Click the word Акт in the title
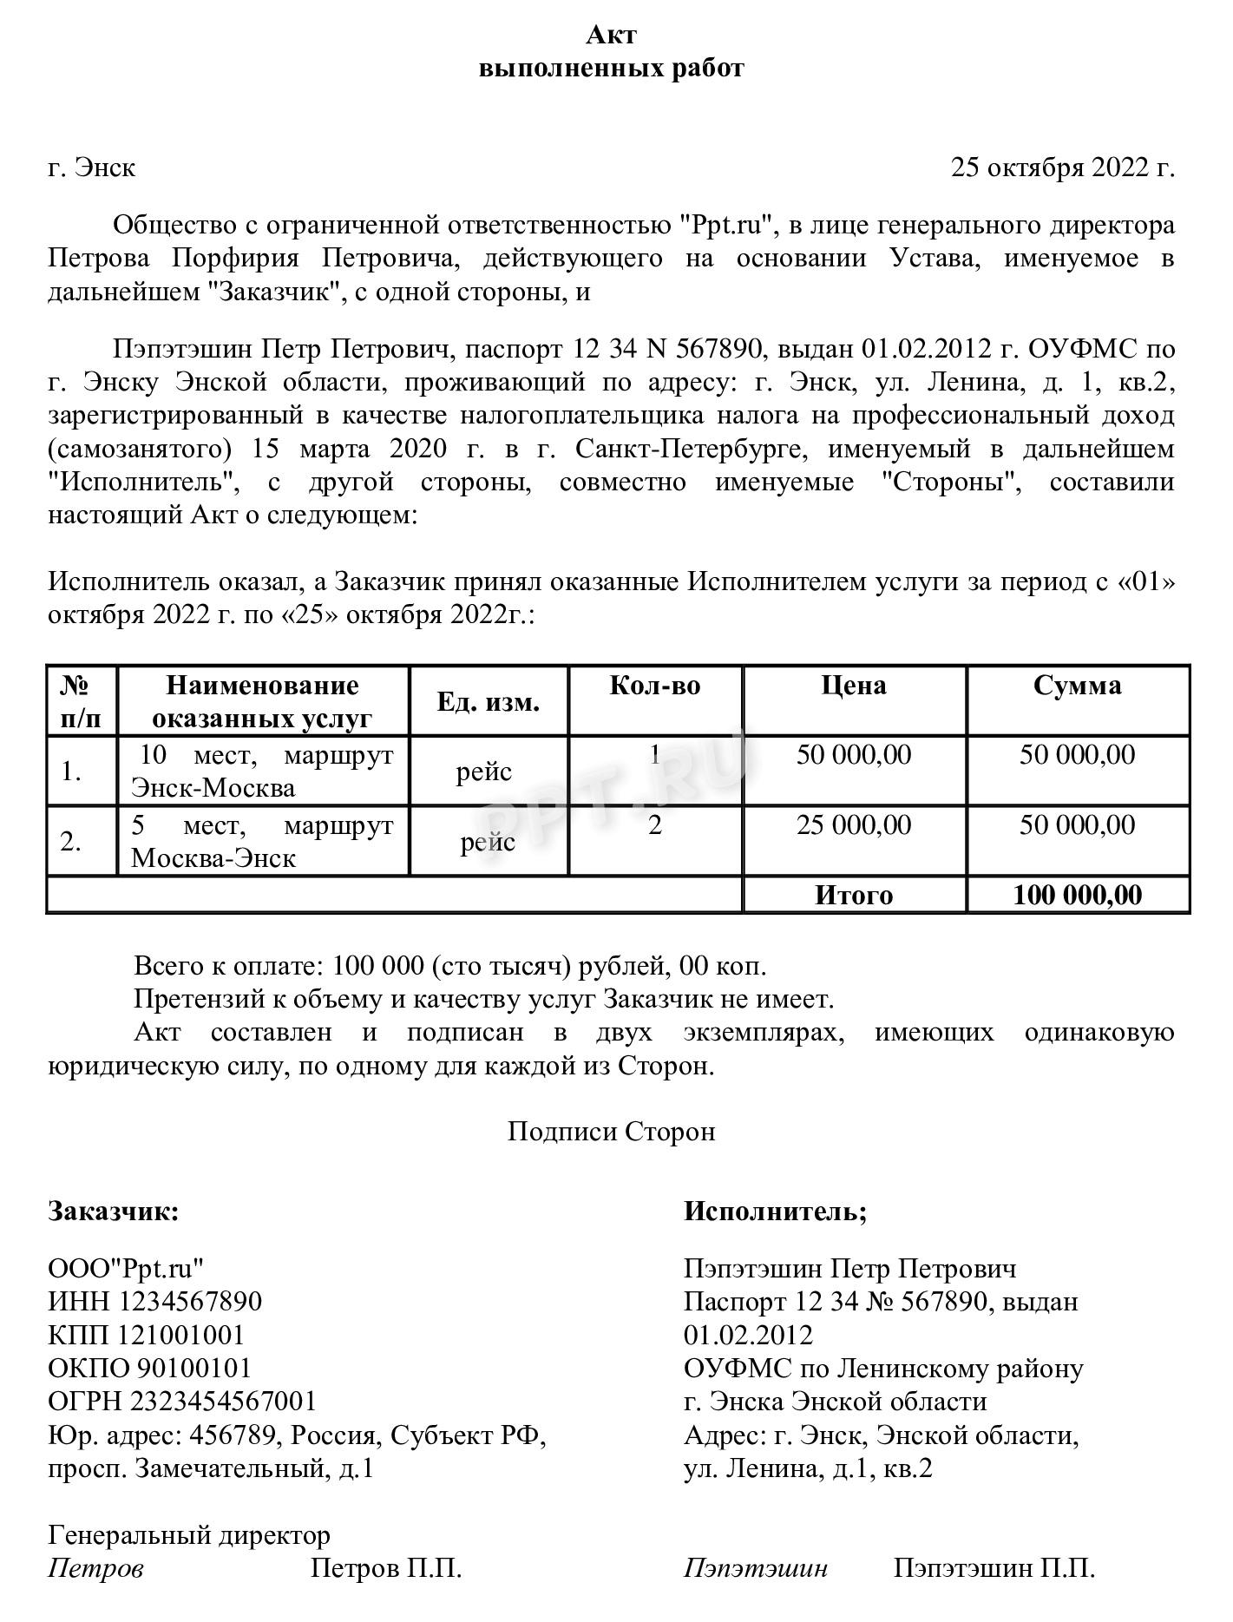(x=611, y=35)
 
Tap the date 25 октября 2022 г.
(x=1062, y=167)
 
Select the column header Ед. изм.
(x=488, y=702)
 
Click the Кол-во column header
(x=654, y=686)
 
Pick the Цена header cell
(x=854, y=686)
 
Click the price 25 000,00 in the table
(x=854, y=824)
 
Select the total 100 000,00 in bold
(x=1077, y=895)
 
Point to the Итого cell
(x=854, y=895)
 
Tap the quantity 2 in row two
(x=654, y=824)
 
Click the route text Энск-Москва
(x=213, y=788)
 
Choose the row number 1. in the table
(x=72, y=771)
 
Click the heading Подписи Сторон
(x=611, y=1131)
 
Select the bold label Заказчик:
(x=114, y=1211)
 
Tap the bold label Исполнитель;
(x=775, y=1211)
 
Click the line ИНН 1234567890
(x=154, y=1302)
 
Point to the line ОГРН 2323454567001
(x=182, y=1401)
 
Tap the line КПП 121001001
(x=146, y=1335)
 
